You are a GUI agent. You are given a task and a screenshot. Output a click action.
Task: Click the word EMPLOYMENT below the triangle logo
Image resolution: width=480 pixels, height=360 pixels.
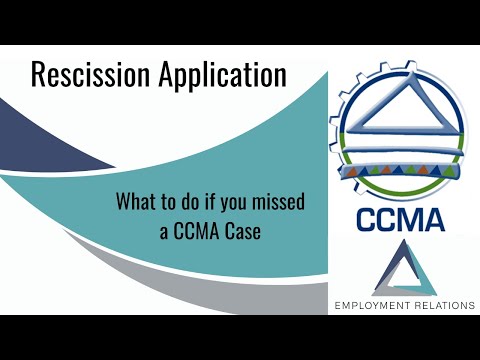(x=375, y=305)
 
